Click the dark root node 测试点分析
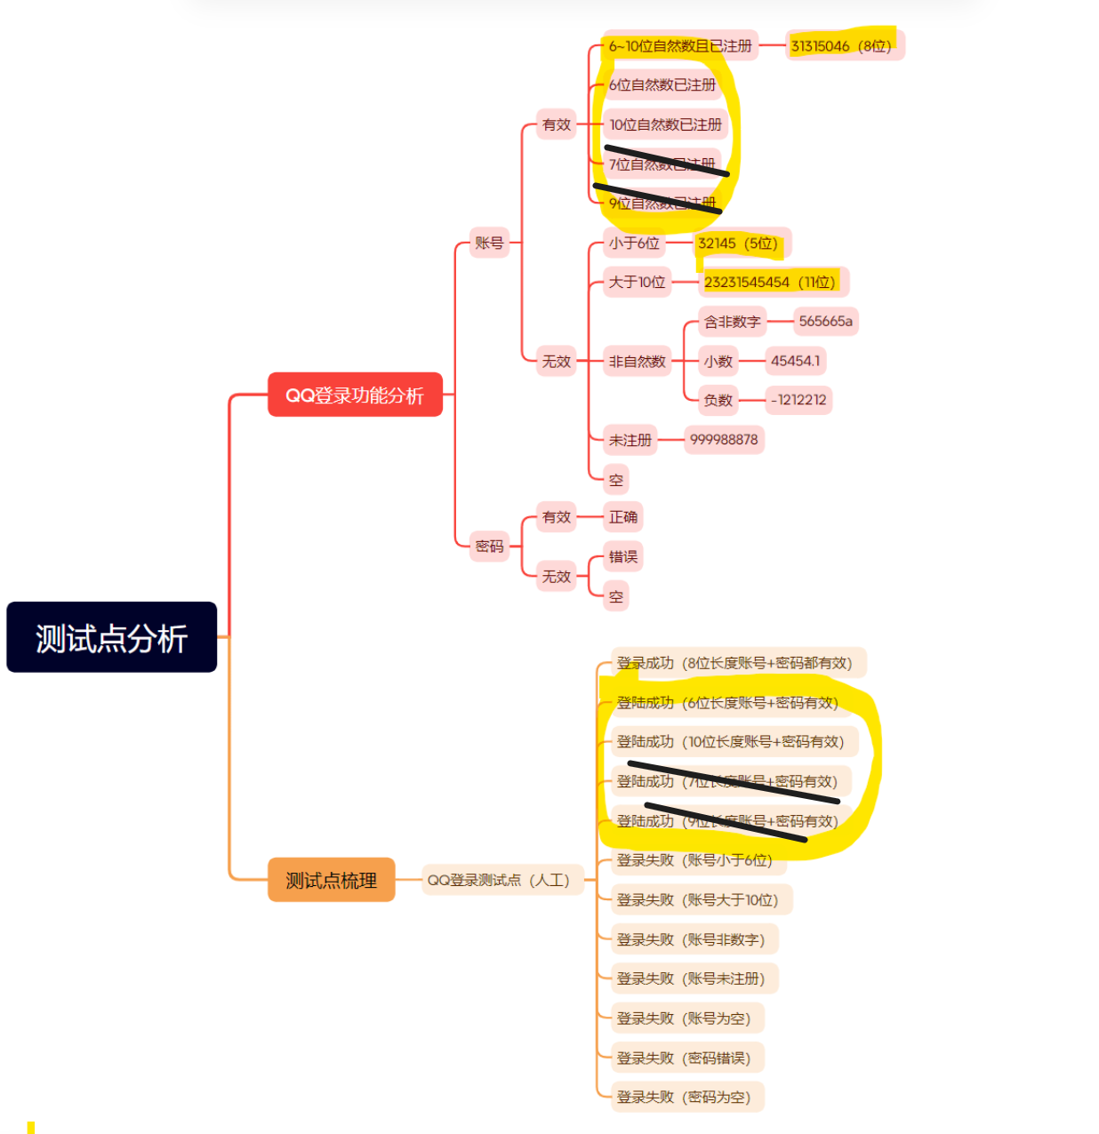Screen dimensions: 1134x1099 (111, 637)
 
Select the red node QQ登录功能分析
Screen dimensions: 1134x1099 (355, 395)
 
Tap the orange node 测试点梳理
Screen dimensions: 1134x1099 (331, 880)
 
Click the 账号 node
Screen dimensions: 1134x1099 (489, 243)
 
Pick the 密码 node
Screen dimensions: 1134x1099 (489, 546)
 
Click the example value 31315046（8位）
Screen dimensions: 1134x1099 (841, 46)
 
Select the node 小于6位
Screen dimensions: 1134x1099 (634, 243)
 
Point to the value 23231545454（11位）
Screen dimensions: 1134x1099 (770, 282)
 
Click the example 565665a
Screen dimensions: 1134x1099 (825, 321)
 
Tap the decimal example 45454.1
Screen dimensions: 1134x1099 (796, 361)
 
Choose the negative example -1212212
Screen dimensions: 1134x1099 (798, 400)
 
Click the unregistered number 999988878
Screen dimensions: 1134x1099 (724, 439)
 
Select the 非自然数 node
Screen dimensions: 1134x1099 (637, 361)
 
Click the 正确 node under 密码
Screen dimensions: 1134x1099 (622, 516)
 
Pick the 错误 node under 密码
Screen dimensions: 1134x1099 (622, 556)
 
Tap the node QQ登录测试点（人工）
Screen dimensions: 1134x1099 (499, 880)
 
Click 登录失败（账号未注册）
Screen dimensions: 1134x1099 (691, 978)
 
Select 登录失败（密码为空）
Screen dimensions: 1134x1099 (684, 1097)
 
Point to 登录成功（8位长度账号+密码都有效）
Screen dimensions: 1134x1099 (734, 663)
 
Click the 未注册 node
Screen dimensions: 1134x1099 (630, 440)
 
